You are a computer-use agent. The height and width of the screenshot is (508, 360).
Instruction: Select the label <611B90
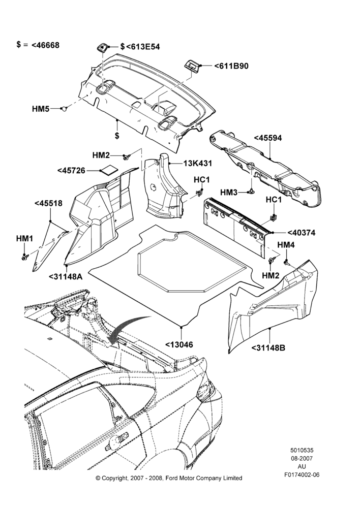pos(231,66)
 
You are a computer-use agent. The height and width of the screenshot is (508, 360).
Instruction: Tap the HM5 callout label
pos(41,109)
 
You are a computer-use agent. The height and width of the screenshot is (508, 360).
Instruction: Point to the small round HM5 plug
pos(65,109)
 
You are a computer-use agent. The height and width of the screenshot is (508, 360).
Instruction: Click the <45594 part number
pos(267,138)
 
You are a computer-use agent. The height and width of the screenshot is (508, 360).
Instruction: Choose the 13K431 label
pos(197,163)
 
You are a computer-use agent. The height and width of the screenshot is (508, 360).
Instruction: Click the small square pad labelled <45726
pos(109,170)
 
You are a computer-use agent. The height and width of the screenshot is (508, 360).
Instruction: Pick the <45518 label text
pos(48,204)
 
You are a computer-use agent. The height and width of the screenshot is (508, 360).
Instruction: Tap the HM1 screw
pos(24,258)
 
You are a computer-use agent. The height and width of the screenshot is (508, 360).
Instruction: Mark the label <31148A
pos(66,277)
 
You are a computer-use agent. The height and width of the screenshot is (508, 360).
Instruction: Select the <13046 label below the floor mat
pos(179,345)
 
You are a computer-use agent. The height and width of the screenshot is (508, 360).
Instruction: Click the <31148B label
pos(268,348)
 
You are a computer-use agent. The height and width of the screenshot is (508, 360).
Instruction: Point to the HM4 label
pos(286,245)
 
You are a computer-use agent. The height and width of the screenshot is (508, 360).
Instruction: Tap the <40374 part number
pos(302,233)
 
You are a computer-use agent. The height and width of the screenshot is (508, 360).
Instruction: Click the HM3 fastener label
pos(229,193)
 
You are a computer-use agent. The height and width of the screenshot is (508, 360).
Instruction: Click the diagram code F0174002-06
pos(302,474)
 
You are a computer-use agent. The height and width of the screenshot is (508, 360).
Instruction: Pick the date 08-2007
pos(302,458)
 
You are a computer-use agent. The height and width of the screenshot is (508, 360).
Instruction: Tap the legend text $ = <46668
pos(38,45)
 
